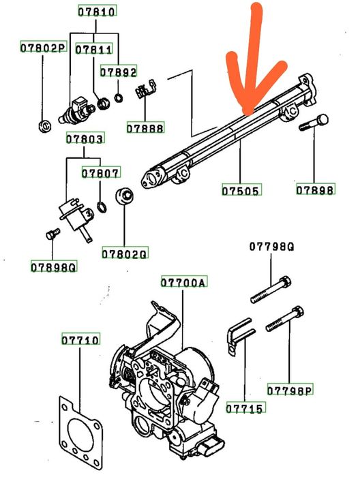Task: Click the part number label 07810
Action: [x=97, y=12]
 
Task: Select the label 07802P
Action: [x=43, y=48]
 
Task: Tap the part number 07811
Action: [x=93, y=49]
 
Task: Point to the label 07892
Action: [x=119, y=72]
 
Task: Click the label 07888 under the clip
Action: [x=145, y=128]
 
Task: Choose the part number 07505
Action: [x=241, y=190]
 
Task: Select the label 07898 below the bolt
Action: [x=316, y=189]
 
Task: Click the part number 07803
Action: [x=85, y=138]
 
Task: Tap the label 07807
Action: [x=100, y=172]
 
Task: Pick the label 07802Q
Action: [x=125, y=253]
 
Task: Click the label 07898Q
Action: [x=54, y=266]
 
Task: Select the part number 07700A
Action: [x=184, y=282]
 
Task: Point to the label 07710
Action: [x=80, y=339]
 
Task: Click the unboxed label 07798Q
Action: [x=272, y=246]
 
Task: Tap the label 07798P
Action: [x=290, y=389]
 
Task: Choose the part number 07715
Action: [x=245, y=407]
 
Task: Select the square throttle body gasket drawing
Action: [x=80, y=435]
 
